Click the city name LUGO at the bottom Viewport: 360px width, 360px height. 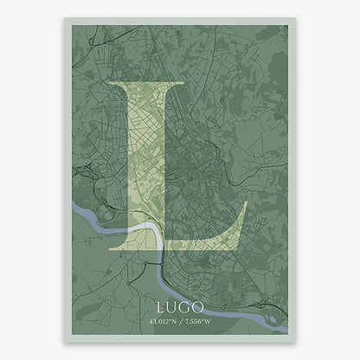179,306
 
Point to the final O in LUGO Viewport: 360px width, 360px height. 199,306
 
